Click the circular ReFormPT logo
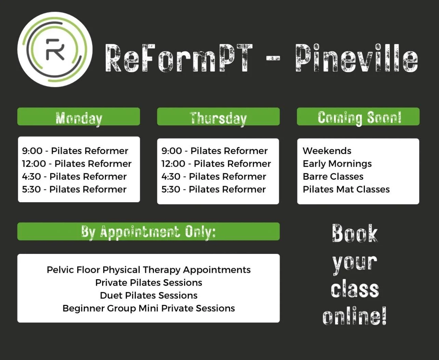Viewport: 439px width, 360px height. click(x=55, y=49)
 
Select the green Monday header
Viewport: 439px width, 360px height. click(x=79, y=117)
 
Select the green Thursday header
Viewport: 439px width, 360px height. click(x=218, y=117)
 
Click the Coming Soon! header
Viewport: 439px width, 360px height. click(x=358, y=117)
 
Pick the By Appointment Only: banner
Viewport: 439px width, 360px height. click(x=148, y=232)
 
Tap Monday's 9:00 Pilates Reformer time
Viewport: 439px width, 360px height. click(x=32, y=151)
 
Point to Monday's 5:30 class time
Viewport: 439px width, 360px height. click(x=31, y=189)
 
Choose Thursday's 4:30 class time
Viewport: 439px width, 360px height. click(x=171, y=177)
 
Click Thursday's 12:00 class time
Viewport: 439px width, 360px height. click(x=173, y=164)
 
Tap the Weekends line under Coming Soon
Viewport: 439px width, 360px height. click(x=327, y=151)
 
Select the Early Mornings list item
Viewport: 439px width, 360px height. click(x=337, y=164)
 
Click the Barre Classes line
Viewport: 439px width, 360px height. click(x=333, y=177)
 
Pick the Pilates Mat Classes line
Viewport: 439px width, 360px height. click(x=346, y=189)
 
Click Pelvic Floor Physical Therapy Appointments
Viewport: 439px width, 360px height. click(x=149, y=270)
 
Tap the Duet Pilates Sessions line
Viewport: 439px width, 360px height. click(x=149, y=295)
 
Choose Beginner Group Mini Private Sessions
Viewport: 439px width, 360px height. click(x=149, y=308)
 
